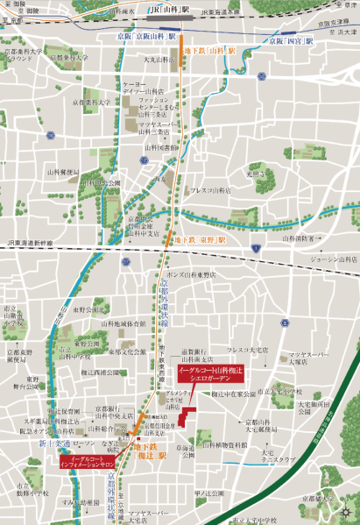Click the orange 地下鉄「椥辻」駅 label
(148, 451)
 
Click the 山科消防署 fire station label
(299, 238)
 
